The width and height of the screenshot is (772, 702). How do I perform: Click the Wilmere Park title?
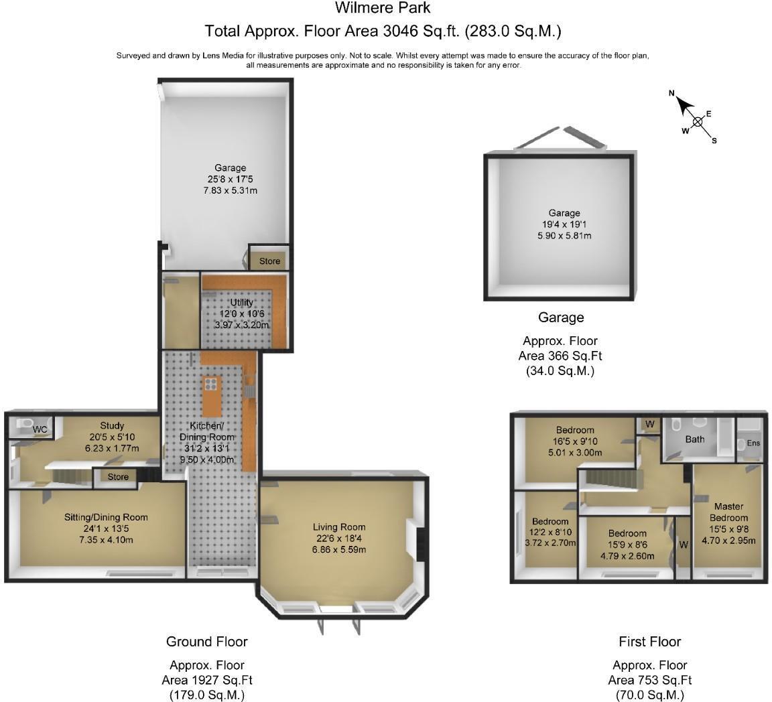pos(383,9)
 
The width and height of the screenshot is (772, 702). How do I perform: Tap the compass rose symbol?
pos(697,121)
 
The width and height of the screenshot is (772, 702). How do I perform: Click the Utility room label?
pos(241,303)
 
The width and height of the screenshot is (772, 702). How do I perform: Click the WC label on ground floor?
pos(40,429)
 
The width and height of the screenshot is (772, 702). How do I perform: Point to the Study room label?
pos(113,425)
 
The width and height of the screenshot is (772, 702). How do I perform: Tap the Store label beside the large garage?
pos(269,261)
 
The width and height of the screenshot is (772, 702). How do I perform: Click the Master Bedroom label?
pos(728,512)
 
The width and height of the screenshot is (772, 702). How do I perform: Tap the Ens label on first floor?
pos(753,443)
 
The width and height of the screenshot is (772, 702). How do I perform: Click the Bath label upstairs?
pos(694,439)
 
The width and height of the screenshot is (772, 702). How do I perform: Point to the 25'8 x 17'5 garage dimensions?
pos(230,180)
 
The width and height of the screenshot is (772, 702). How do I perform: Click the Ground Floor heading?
pos(207,642)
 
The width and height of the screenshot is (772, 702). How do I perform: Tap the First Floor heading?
pos(649,642)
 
